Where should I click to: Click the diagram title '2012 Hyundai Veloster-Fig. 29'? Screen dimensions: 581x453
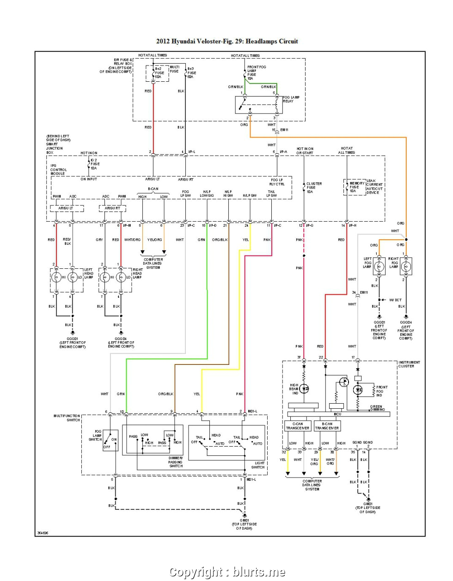(x=227, y=41)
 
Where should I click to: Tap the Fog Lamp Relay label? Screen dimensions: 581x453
(x=291, y=99)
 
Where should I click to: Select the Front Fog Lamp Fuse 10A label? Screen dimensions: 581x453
(x=257, y=73)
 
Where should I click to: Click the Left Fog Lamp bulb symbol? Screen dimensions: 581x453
(x=379, y=266)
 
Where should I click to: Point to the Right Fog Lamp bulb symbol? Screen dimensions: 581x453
(x=406, y=266)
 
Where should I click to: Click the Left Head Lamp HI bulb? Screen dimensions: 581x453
(x=56, y=278)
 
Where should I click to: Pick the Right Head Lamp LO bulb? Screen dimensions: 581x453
(x=121, y=278)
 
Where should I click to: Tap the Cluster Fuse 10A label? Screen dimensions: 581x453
(x=314, y=188)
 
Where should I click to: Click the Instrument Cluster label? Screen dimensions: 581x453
(x=409, y=364)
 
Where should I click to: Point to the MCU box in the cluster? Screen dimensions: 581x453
(x=337, y=414)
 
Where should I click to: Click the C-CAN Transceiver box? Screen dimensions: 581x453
(x=297, y=426)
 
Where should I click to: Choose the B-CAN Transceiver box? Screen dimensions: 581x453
(x=327, y=426)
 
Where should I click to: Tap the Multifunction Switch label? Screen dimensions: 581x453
(x=67, y=418)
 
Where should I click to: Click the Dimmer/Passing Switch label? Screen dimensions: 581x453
(x=176, y=462)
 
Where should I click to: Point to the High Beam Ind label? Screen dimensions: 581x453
(x=294, y=389)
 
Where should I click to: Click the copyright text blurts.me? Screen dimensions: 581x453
(x=227, y=572)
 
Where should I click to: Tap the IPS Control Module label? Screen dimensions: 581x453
(x=58, y=169)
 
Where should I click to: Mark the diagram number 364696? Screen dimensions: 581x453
(x=42, y=533)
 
